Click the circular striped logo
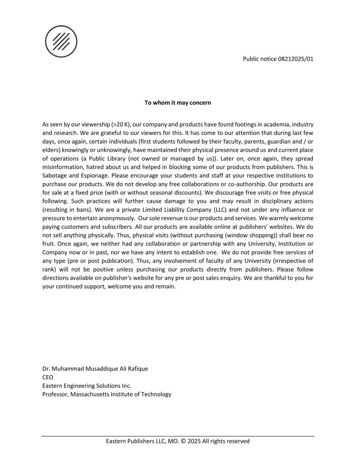(61, 41)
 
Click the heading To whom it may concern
(177, 102)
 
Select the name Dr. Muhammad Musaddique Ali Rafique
(95, 369)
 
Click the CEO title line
(47, 377)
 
